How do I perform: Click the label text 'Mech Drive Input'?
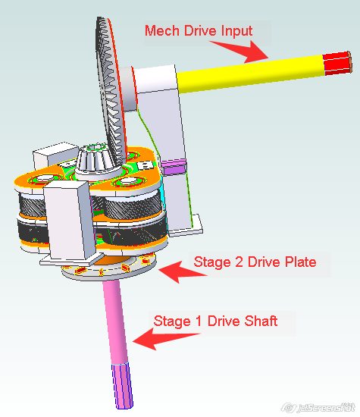199,30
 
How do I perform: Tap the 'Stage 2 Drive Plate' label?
255,262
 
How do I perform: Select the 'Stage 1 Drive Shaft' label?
216,321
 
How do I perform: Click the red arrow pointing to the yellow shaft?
239,51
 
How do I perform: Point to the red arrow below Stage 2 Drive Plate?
182,271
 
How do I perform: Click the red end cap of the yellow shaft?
337,63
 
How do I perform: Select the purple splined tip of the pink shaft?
122,386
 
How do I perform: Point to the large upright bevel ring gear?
110,90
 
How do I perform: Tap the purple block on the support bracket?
174,167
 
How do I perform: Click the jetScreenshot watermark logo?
318,407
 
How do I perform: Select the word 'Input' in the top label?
236,31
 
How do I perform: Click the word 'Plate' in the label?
301,262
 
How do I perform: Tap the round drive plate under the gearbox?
108,268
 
